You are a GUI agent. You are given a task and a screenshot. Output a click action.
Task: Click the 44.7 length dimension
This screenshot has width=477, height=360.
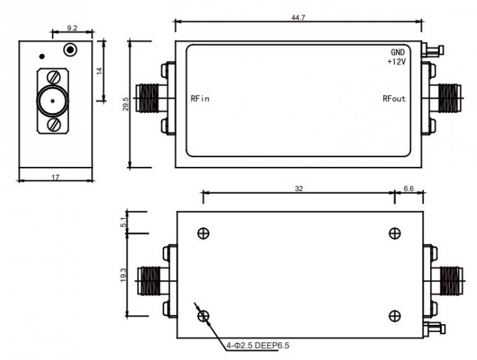point(298,18)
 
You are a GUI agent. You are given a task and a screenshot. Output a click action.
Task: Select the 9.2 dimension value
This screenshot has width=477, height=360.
point(72,28)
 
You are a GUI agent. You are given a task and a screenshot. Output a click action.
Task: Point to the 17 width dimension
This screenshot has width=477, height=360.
point(55,177)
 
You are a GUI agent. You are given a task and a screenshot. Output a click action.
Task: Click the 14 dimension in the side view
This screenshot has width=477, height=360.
point(100,71)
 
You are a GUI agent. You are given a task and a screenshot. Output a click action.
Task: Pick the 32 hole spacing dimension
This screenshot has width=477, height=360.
point(299,189)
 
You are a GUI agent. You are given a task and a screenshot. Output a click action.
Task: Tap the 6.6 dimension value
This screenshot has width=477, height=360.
point(408,189)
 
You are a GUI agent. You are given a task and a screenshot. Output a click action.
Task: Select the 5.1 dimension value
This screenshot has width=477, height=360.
point(123,222)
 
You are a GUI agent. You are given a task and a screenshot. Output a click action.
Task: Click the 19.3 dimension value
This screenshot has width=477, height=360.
point(123,275)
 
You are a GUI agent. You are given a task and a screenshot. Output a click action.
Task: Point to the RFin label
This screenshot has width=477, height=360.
point(200,99)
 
